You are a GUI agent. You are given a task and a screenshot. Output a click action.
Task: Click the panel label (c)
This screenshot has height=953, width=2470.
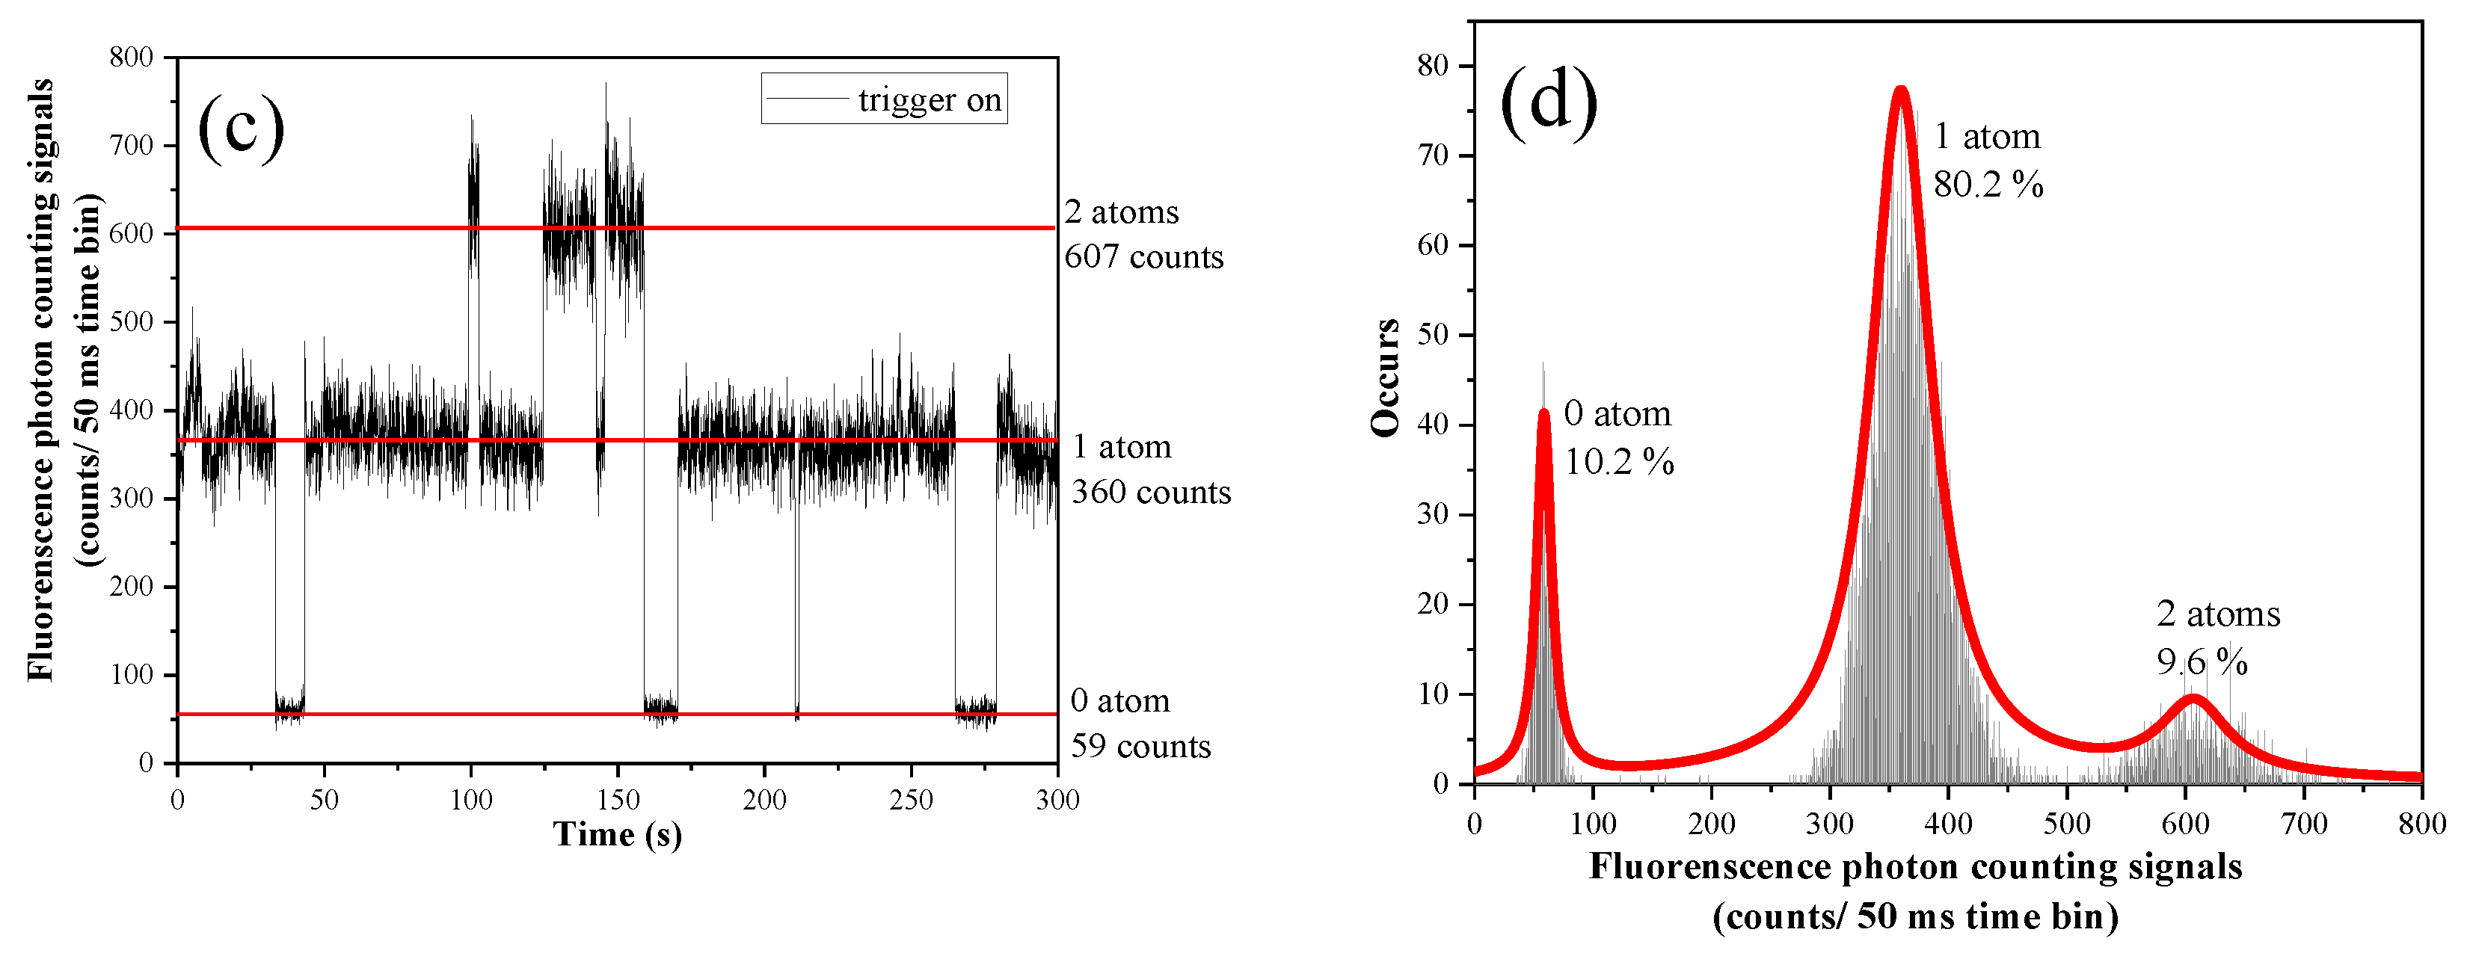pos(241,129)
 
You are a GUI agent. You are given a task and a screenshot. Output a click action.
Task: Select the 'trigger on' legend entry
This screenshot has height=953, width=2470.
pos(884,99)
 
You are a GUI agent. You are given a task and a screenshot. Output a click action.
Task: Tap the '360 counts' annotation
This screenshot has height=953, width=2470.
pos(1151,492)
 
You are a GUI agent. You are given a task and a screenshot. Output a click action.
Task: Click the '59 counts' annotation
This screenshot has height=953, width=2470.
pos(1140,746)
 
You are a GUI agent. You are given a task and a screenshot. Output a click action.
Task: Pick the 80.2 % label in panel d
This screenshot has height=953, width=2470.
pos(1988,184)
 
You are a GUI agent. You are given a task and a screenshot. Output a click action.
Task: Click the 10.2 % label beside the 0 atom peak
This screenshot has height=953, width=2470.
pos(1618,462)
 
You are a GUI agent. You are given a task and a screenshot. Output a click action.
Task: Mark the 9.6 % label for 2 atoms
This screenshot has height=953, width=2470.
pos(2202,661)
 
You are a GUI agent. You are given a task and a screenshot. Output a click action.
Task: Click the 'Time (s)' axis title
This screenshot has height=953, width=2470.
pos(618,834)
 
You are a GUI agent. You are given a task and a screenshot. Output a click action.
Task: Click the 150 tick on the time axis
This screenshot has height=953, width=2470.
pos(618,800)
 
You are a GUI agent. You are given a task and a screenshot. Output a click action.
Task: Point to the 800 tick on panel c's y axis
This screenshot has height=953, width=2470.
pos(132,58)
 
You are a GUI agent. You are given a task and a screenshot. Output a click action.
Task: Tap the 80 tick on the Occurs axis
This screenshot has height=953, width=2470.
pos(1433,67)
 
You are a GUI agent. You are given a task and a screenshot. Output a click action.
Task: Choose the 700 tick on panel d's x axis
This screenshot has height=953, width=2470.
pos(2304,824)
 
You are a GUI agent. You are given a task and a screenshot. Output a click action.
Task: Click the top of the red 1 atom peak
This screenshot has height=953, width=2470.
pos(1900,90)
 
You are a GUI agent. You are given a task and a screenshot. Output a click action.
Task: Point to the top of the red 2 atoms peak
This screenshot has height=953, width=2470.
pos(2192,698)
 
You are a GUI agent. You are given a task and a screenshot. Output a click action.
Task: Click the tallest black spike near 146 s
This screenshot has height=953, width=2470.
pos(606,85)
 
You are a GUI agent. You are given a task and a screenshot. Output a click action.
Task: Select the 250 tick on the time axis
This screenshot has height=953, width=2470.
pos(910,800)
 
